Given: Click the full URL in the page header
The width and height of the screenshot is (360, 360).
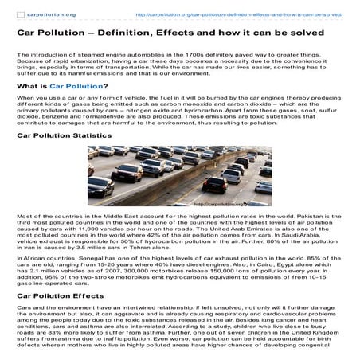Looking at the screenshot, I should click(239, 14).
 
